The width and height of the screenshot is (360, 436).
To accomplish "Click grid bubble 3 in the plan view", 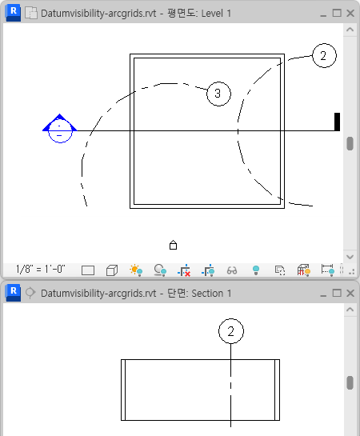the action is pos(218,94).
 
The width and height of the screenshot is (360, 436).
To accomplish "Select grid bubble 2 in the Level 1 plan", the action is pos(324,55).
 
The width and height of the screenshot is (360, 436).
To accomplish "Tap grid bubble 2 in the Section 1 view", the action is pos(231,331).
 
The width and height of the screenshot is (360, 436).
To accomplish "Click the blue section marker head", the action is pos(60,129).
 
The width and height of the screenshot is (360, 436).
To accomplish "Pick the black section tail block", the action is pos(337,122).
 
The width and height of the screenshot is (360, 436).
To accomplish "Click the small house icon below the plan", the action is pos(173,245).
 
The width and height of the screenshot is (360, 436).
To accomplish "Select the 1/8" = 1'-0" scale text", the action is pos(41,269).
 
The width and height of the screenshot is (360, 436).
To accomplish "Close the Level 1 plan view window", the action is pos(350,13).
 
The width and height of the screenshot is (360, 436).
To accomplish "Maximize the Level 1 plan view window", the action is pos(337,13).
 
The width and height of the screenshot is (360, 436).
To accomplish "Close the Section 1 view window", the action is pos(350,293).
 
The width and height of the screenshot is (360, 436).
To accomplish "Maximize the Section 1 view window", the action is pos(337,293).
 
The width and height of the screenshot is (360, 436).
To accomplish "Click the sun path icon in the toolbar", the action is pos(136,270).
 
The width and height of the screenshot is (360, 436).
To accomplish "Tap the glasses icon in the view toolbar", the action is pos(232,270).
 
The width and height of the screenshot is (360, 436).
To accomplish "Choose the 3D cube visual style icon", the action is pos(112,270).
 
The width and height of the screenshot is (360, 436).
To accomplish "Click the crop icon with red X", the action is pos(184,270).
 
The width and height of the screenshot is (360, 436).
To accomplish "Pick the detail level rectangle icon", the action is pos(88,270).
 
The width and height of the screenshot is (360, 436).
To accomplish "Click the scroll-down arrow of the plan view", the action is pos(350,257).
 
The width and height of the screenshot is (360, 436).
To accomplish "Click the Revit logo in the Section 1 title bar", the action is pos(13,293).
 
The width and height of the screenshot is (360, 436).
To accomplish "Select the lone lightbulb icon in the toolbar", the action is pos(256,270).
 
